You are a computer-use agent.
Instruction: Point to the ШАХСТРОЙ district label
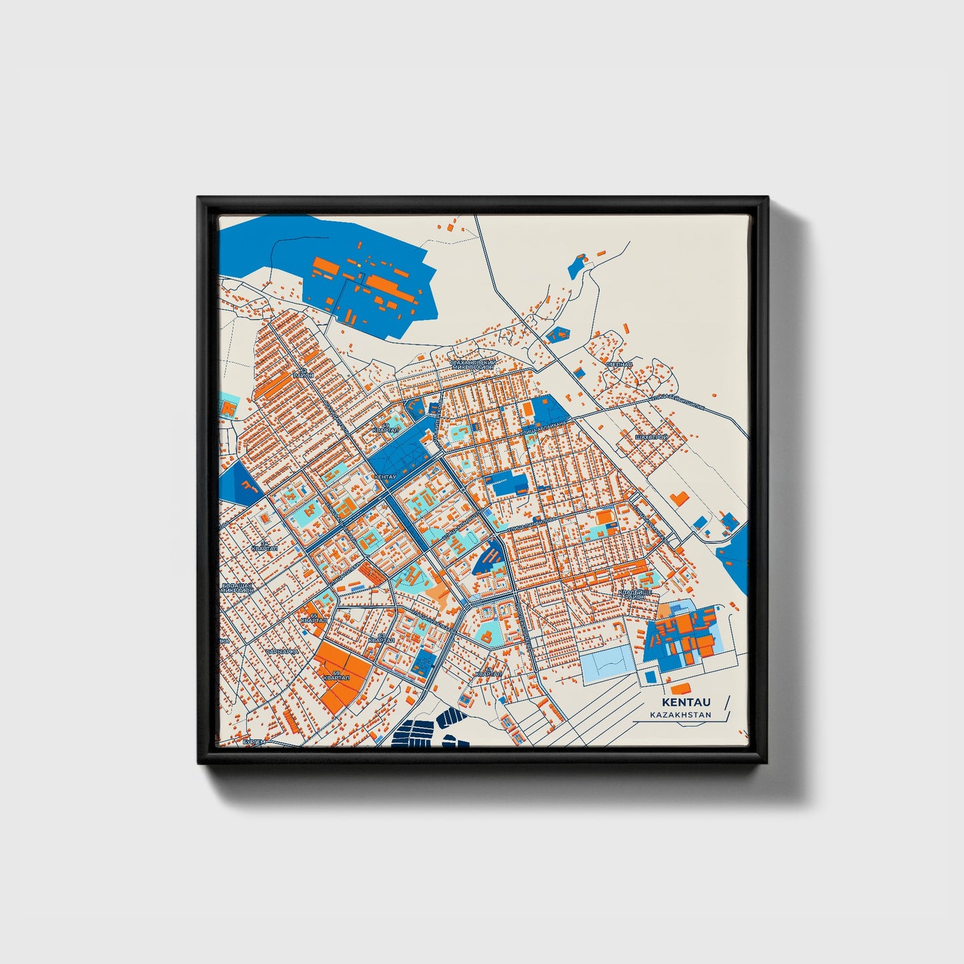tap(651, 437)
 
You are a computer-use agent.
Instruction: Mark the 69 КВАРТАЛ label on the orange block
tap(336, 676)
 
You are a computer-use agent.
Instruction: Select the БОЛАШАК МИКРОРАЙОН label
tap(237, 588)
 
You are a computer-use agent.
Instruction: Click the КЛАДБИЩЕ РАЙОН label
tap(634, 594)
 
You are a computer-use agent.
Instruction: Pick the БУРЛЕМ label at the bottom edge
tap(254, 742)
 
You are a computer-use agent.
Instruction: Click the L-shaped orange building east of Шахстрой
tap(679, 498)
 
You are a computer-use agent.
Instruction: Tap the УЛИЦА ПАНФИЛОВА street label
tap(531, 524)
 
